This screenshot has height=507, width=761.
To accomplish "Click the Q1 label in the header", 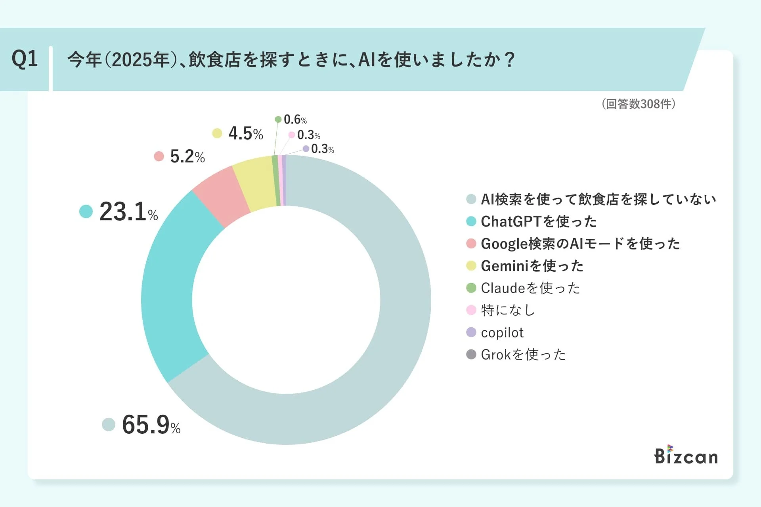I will click(x=25, y=59).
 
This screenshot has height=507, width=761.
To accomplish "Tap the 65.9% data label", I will click(x=151, y=425).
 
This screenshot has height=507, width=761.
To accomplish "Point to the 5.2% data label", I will click(x=187, y=156).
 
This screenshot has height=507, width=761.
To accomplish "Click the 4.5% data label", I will click(x=245, y=133).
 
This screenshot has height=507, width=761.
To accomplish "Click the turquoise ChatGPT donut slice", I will click(x=174, y=285).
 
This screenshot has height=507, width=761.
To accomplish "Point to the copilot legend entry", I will click(x=502, y=332).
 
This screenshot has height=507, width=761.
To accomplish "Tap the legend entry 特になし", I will click(x=508, y=310).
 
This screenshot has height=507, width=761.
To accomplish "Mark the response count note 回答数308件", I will click(x=639, y=104).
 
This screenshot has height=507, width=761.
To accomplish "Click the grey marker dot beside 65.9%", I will click(x=109, y=425).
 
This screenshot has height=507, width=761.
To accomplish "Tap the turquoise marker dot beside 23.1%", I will click(x=86, y=212).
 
